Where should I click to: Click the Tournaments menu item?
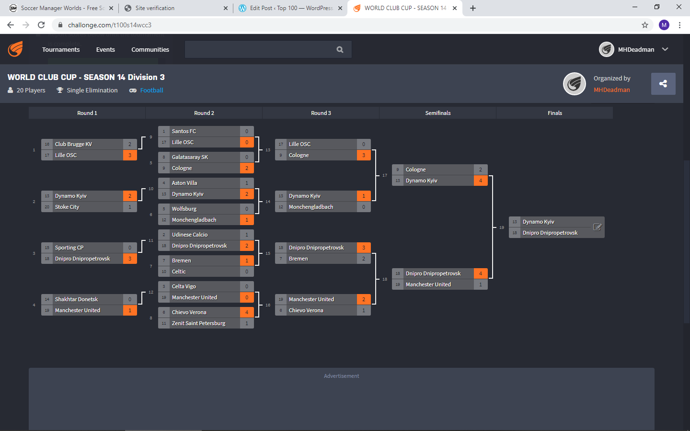click(61, 49)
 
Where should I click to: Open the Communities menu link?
click(150, 49)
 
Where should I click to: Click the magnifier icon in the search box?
click(340, 49)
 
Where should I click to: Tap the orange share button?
click(663, 84)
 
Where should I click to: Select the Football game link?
click(151, 90)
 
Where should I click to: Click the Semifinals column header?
click(437, 113)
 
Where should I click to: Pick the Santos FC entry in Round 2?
click(184, 131)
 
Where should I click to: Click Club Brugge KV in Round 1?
click(73, 144)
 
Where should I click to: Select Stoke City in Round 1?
click(67, 207)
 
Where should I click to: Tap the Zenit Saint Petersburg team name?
click(198, 323)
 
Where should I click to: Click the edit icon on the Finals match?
click(597, 227)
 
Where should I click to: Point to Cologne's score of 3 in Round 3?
click(364, 155)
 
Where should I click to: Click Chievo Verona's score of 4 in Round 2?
click(247, 312)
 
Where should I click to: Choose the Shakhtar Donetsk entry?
click(76, 299)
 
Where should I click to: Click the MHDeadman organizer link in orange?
click(611, 90)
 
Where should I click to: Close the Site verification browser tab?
click(226, 8)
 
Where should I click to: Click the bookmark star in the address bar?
click(645, 25)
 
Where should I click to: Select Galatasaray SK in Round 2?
click(190, 157)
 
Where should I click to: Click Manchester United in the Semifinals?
click(428, 284)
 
